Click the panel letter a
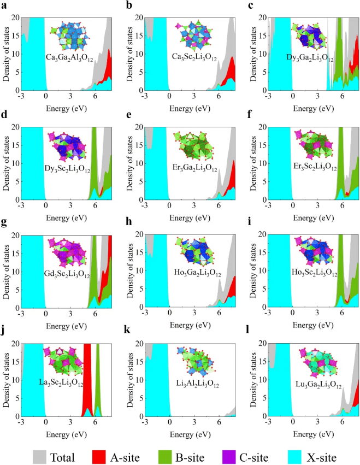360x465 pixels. pos(4,5)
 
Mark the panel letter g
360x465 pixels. pos(4,223)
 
